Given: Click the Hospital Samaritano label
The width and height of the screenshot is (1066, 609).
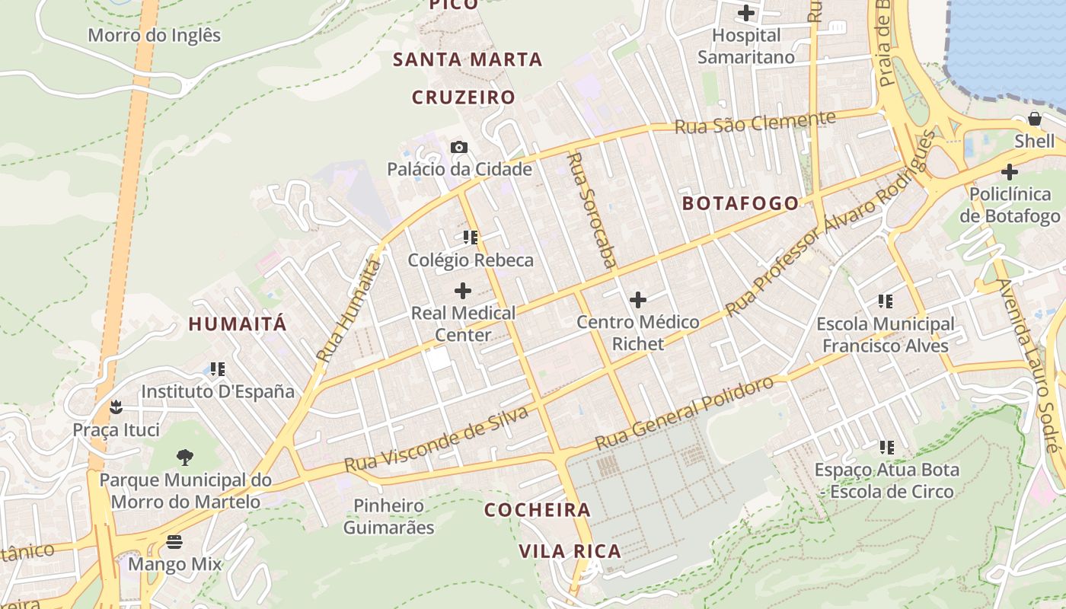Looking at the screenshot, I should pos(746,46).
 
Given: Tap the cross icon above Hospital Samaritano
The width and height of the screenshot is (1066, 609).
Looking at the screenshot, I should pos(746,13).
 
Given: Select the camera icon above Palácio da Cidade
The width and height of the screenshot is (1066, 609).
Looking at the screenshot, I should pos(459,147).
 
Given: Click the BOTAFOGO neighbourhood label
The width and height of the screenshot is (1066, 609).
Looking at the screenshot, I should pos(740,203).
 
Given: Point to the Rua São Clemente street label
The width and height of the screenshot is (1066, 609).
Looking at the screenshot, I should pos(755,122).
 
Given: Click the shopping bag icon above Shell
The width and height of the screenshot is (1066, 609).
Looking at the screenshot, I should pos(1035,119).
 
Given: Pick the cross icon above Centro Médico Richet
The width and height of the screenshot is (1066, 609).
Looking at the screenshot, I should pos(638,300).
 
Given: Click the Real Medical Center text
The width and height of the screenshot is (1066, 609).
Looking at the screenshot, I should pos(463,324).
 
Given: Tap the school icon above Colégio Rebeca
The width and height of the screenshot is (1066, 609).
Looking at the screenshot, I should pos(471,238).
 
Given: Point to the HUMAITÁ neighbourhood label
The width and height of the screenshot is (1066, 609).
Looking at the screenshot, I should pos(238,324).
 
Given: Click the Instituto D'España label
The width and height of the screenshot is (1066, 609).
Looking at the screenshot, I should pos(218,391).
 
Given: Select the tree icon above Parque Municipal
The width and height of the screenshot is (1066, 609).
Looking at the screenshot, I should pos(184,457).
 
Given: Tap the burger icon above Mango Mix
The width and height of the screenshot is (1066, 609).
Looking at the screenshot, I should pos(174,542).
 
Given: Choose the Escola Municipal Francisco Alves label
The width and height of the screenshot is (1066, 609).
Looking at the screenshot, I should pos(885,335).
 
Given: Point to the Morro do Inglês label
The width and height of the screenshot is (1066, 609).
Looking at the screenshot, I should pos(155,35).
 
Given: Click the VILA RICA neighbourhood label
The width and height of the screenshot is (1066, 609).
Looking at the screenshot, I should pos(570,551).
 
